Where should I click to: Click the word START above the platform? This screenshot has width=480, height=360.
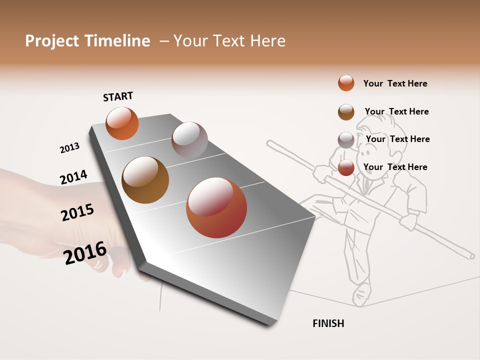(118, 96)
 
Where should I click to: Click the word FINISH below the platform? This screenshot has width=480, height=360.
(328, 323)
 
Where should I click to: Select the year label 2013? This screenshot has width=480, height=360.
(69, 148)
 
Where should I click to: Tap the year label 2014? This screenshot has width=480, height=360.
(73, 177)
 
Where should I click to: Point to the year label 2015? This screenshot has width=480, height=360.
(77, 212)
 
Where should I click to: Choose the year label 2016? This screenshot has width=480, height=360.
(85, 253)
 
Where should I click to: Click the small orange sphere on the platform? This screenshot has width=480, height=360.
(122, 123)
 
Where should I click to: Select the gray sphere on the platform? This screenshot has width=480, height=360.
(189, 140)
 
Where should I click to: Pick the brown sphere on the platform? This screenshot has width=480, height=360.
(145, 180)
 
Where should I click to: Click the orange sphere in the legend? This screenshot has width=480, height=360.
(346, 83)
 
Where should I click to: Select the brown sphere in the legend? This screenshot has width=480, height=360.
(346, 112)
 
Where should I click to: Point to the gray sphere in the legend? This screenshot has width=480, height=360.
(346, 140)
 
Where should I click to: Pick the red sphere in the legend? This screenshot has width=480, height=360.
(346, 167)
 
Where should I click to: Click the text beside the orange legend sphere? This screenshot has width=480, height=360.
(395, 83)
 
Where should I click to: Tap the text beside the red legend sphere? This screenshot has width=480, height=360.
(395, 167)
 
